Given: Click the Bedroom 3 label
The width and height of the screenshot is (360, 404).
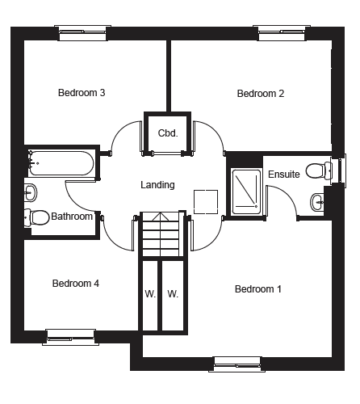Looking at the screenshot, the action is [82, 93].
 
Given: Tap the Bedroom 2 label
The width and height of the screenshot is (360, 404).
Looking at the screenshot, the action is [261, 94].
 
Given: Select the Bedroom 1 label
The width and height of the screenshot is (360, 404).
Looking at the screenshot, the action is [258, 289].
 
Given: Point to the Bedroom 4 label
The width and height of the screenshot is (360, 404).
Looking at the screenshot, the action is [76, 284].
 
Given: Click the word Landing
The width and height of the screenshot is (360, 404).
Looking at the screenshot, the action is [157, 185].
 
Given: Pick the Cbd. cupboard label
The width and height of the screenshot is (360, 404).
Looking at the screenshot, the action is [168, 133].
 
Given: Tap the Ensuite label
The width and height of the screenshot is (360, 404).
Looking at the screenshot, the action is [284, 175].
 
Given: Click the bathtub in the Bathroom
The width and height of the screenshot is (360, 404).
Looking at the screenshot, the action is [61, 163].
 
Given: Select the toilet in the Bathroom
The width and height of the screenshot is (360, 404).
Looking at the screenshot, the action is [36, 217].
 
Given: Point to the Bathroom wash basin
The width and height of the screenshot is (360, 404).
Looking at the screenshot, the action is [31, 192].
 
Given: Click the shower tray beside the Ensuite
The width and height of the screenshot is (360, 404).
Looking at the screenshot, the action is [247, 191].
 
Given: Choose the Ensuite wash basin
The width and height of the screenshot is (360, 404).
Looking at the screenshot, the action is [317, 202].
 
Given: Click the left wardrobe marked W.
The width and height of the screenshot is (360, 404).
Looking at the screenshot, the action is [150, 296].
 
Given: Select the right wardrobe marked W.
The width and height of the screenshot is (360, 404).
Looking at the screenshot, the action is [173, 296].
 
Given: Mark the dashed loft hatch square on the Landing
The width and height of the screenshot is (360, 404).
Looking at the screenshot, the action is [206, 202].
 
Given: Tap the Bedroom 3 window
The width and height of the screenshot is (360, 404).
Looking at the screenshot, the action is [83, 33].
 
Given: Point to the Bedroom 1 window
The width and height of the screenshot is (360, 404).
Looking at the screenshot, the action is [237, 364].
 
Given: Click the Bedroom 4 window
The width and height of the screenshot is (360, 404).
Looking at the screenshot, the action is [71, 337].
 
